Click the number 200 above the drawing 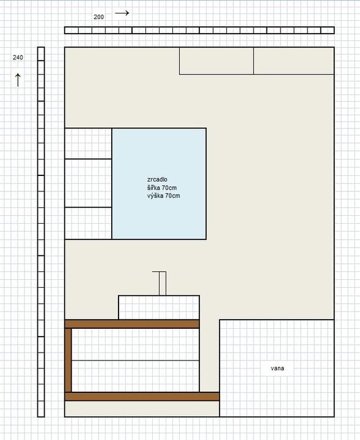click(98, 17)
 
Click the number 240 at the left click(18, 57)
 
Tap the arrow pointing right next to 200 click(122, 13)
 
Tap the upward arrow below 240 click(18, 80)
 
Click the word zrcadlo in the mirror click(157, 179)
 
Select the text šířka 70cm click(162, 188)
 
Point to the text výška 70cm click(164, 196)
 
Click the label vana click(277, 368)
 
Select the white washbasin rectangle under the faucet click(159, 307)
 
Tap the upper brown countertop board click(132, 324)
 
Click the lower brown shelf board click(142, 397)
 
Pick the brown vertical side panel click(68, 360)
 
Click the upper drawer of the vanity click(135, 344)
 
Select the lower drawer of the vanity click(135, 376)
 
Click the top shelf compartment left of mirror click(88, 144)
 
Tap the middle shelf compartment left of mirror click(88, 183)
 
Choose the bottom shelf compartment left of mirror click(88, 224)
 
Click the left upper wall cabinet click(216, 61)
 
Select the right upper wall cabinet click(294, 61)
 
